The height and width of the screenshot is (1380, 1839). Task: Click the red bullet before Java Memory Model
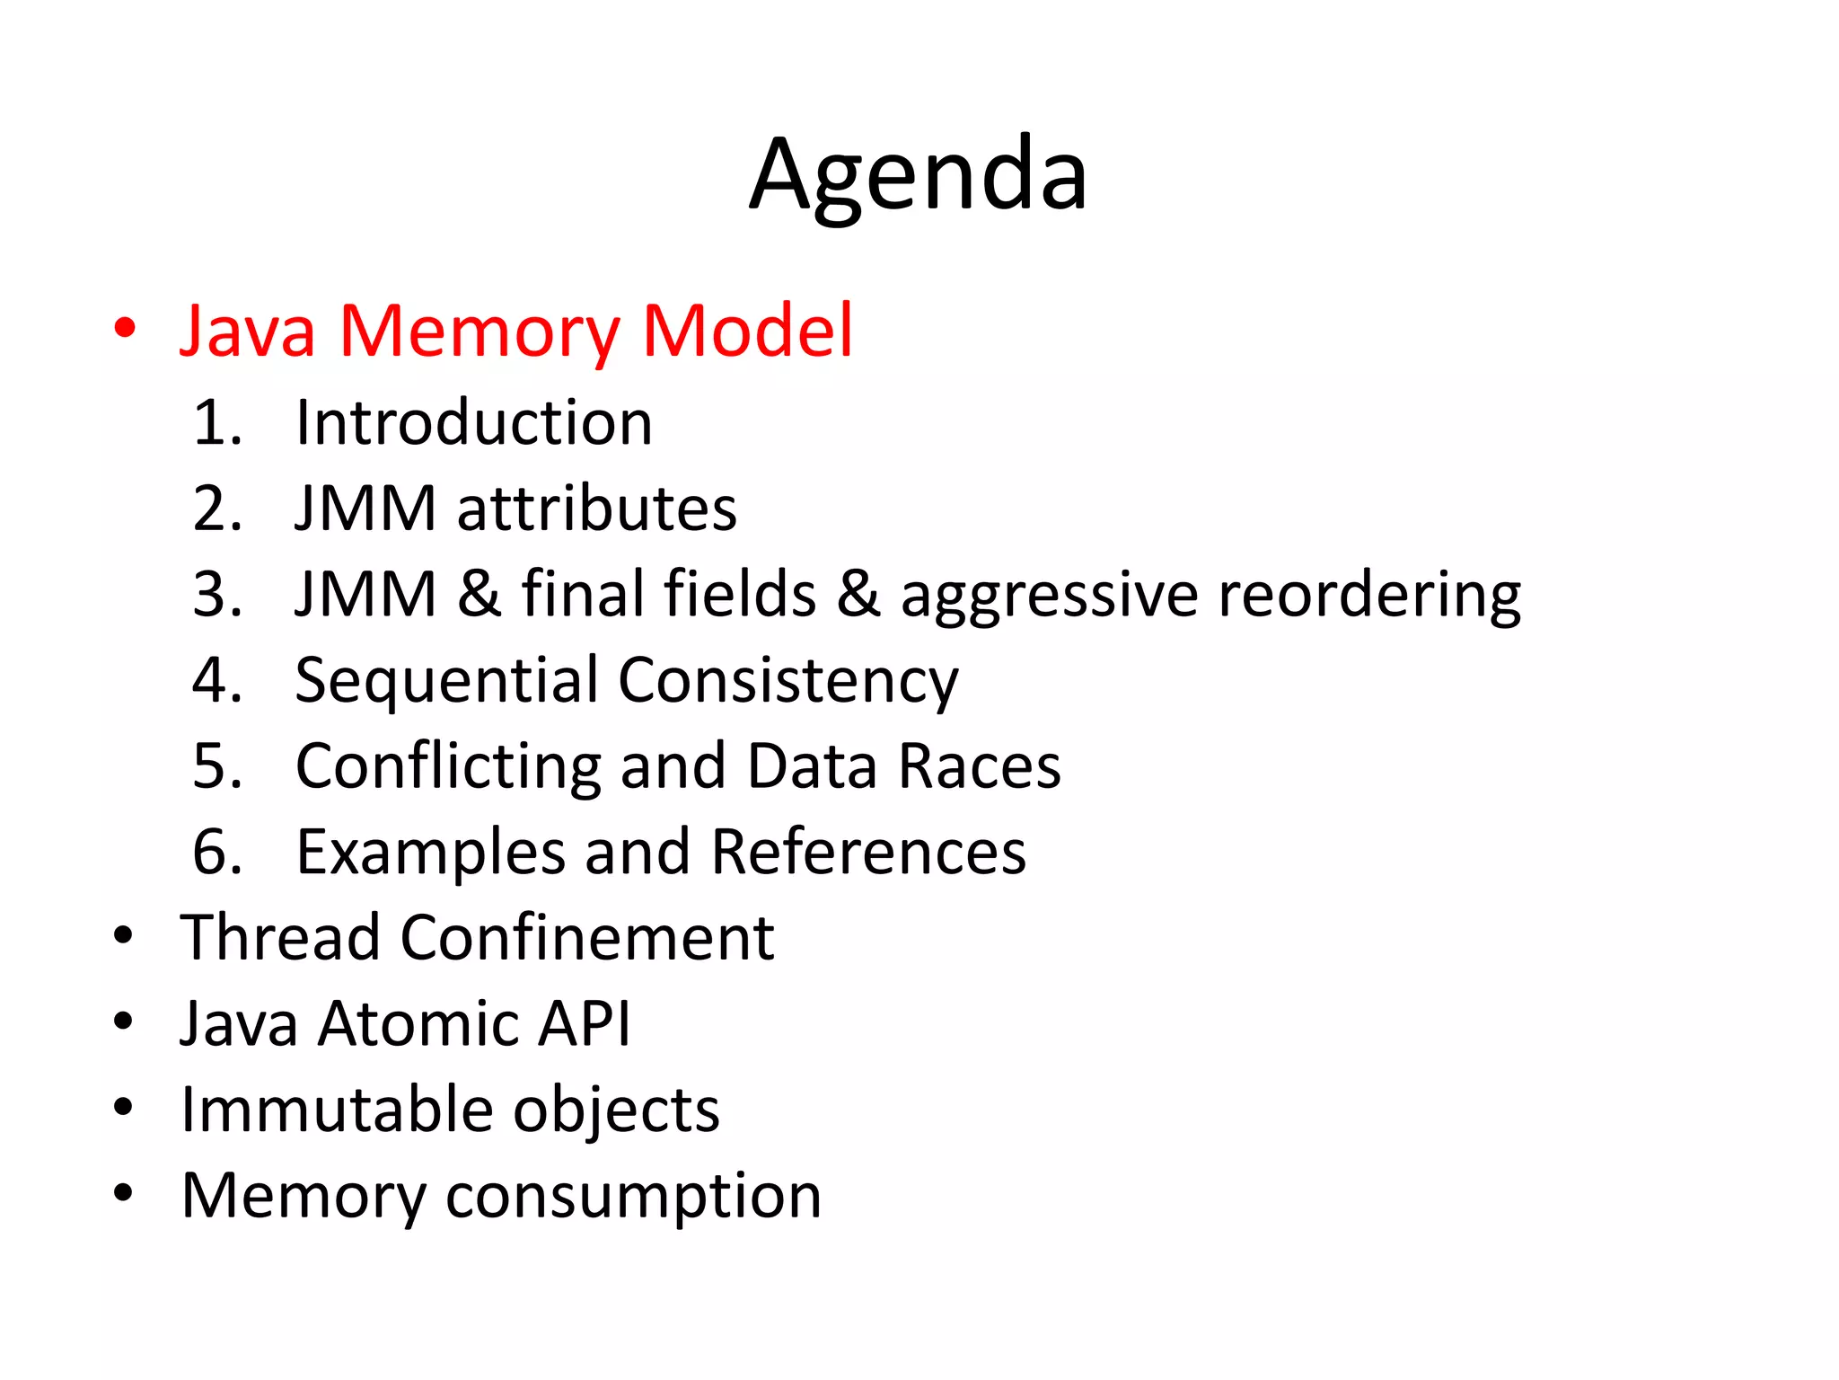point(125,329)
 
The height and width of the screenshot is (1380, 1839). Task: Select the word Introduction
point(474,422)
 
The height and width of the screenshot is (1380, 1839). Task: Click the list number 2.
point(216,509)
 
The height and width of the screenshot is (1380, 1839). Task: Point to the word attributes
point(597,509)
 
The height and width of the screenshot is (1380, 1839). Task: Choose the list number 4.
point(216,680)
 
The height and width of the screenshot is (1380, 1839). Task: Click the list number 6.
point(216,852)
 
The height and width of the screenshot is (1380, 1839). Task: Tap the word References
point(868,852)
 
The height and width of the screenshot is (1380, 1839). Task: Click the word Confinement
point(587,937)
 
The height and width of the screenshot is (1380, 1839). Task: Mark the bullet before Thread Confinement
point(124,935)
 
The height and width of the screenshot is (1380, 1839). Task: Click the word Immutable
point(337,1110)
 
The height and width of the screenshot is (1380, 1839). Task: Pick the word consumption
point(633,1196)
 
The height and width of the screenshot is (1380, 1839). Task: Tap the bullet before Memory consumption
point(124,1193)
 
